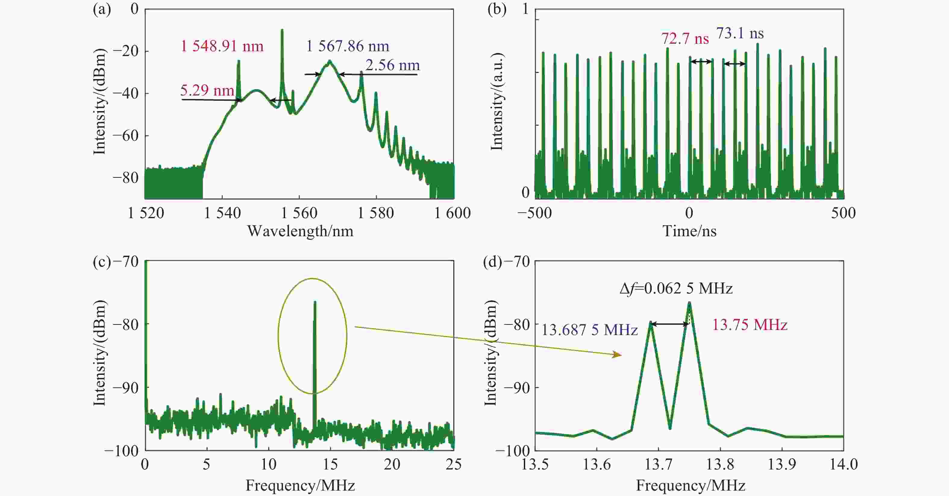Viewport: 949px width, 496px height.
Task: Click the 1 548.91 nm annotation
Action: pyautogui.click(x=222, y=46)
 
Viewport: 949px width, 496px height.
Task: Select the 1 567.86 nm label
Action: pyautogui.click(x=347, y=46)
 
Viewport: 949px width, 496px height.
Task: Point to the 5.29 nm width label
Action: pyautogui.click(x=207, y=90)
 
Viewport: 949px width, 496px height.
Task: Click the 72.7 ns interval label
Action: pyautogui.click(x=684, y=38)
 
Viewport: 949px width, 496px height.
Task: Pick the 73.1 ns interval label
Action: pyautogui.click(x=740, y=33)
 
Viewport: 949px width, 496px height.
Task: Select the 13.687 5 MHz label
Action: pyautogui.click(x=589, y=330)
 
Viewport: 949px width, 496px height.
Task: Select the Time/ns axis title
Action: pyautogui.click(x=689, y=231)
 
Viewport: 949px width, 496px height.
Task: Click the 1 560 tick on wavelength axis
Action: pyautogui.click(x=299, y=213)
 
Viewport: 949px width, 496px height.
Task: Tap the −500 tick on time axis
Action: pyautogui.click(x=534, y=213)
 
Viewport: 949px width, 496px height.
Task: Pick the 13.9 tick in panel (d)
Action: pyautogui.click(x=782, y=464)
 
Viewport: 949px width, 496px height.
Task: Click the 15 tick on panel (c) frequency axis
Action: pyautogui.click(x=330, y=464)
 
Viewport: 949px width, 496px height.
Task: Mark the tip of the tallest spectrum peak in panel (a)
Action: pyautogui.click(x=282, y=30)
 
